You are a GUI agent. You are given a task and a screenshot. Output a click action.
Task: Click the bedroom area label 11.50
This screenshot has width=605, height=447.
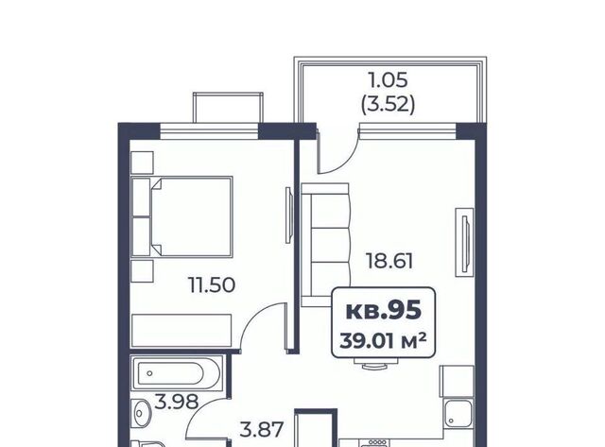(212, 285)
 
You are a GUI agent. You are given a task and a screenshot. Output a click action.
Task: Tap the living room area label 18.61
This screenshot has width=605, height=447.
(389, 261)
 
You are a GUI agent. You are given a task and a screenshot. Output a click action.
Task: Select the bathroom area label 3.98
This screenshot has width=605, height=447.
(177, 402)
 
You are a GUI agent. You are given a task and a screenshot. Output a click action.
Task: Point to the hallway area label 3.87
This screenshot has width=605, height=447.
(262, 430)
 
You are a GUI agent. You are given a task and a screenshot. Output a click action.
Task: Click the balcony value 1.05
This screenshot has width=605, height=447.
(389, 80)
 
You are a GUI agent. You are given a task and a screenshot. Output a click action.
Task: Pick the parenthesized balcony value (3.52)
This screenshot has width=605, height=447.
(389, 104)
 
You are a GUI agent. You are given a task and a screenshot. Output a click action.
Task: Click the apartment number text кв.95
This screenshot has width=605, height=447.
(383, 311)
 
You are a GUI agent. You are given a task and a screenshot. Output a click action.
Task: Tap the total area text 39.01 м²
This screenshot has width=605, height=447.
(383, 341)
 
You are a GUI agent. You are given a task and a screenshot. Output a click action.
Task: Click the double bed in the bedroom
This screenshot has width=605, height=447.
(181, 216)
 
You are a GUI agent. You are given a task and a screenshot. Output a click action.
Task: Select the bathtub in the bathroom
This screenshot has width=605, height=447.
(177, 373)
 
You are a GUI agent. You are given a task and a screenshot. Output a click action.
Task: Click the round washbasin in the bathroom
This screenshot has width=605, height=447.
(141, 413)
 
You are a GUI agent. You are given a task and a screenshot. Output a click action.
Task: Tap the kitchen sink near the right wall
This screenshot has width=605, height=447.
(458, 413)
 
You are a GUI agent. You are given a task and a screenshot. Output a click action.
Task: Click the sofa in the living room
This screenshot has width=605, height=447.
(325, 245)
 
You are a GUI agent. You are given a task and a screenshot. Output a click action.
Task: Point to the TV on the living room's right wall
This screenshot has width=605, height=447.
(464, 242)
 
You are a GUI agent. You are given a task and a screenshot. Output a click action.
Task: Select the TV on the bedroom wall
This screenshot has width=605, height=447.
(289, 215)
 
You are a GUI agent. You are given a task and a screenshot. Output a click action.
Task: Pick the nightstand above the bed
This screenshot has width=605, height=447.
(143, 163)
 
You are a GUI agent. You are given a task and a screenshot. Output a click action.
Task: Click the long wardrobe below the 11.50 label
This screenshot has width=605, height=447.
(181, 331)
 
